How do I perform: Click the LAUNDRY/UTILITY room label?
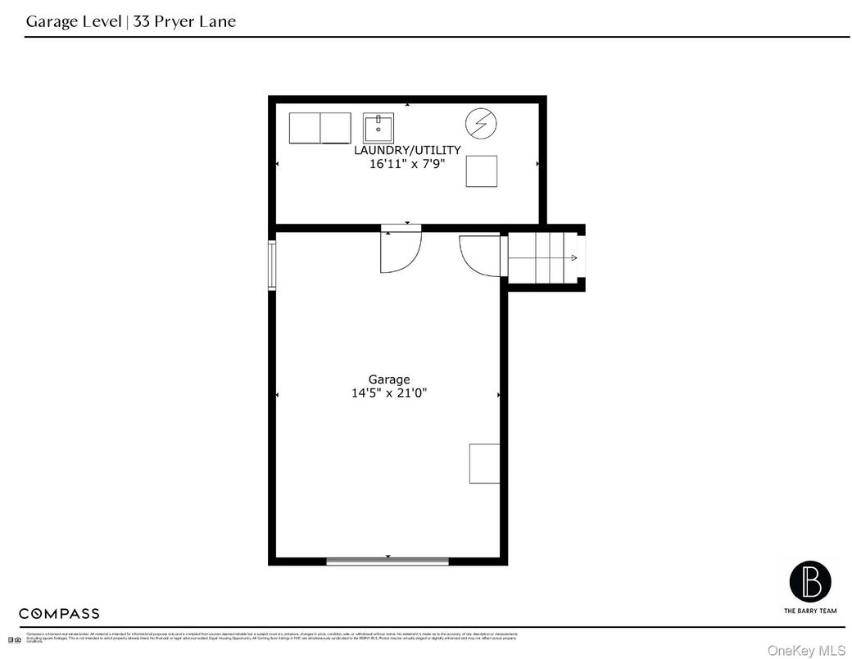point(406,150)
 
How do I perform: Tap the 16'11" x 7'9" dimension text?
point(406,164)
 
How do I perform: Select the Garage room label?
point(388,379)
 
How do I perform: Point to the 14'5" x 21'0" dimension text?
point(388,393)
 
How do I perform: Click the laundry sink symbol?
point(378,128)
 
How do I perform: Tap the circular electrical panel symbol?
point(481,124)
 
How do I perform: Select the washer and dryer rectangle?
point(319,128)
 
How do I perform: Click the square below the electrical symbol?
point(481,171)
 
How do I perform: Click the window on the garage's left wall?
point(272,266)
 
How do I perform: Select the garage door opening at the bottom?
point(387,561)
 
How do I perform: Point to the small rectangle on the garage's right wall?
point(483,463)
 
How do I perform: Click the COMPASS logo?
point(59,613)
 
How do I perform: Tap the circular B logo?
point(809,581)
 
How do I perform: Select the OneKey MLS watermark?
point(806,650)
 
